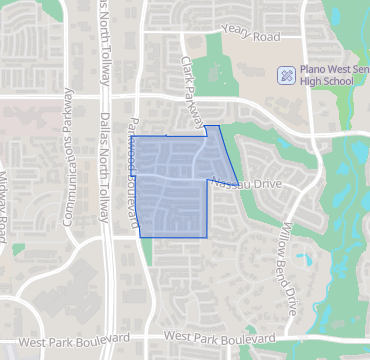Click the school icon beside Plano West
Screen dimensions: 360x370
coord(286,75)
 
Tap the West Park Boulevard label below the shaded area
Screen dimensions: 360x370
coord(217,341)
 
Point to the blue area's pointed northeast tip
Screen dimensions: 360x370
coord(217,126)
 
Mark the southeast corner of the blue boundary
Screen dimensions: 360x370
coord(206,237)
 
